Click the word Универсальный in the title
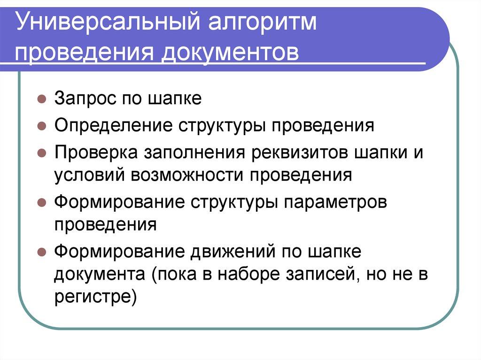point(101,24)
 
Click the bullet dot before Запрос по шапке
point(42,100)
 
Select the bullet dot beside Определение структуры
point(42,126)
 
